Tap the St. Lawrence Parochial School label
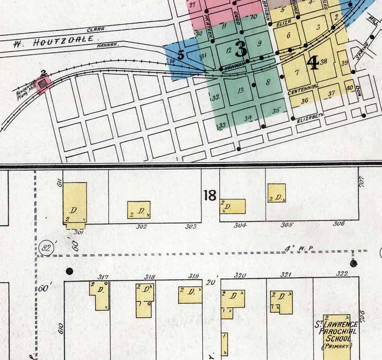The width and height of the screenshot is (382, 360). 335,335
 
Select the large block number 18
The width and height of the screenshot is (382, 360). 210,195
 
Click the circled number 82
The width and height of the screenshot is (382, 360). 46,247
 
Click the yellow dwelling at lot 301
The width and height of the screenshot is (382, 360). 75,203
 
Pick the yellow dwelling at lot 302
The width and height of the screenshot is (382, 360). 139,209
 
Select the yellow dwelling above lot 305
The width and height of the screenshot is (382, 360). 276,193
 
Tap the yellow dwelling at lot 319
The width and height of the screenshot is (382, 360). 190,294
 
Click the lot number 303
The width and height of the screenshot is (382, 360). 191,227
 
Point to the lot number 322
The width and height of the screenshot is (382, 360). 342,274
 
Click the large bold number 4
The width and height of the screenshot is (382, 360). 313,63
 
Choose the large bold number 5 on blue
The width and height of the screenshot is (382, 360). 180,55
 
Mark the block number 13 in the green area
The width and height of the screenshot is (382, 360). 241,90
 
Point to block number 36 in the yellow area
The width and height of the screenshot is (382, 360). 305,100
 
